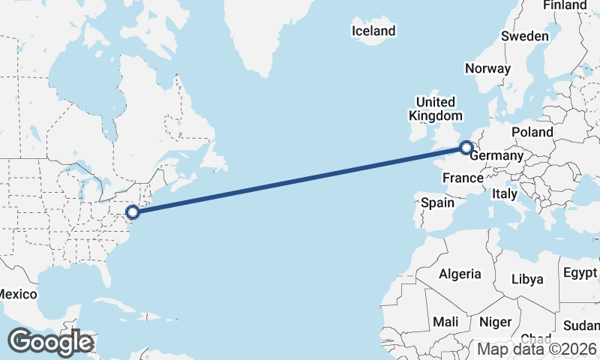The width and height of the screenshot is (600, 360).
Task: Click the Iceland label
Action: pos(373,31)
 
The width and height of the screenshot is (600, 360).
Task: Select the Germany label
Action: pos(496,155)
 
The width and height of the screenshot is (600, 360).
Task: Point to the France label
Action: pos(463,178)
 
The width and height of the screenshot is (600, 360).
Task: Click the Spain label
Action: pos(437,202)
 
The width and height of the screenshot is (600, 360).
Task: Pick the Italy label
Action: pos(505,193)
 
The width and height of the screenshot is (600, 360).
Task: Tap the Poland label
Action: pos(532,132)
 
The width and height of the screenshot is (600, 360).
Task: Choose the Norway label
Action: pos(487,68)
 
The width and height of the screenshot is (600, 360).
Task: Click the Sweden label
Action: pos(525,36)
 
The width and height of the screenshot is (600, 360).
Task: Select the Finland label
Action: pos(565,5)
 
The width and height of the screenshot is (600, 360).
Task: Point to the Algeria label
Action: pos(459,274)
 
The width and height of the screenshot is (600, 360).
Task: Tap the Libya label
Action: pos(526,279)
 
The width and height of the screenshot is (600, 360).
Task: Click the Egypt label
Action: pos(580,271)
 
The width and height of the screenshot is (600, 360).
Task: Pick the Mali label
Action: pos(445,322)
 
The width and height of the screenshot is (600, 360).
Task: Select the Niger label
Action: pos(495,322)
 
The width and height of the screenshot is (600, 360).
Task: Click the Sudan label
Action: pos(581,325)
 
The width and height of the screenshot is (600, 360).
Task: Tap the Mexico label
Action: pos(17,294)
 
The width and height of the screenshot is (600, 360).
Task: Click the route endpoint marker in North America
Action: pos(133,212)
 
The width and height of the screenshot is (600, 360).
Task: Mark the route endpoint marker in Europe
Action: pos(466,148)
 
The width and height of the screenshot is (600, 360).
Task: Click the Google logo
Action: pos(50,342)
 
